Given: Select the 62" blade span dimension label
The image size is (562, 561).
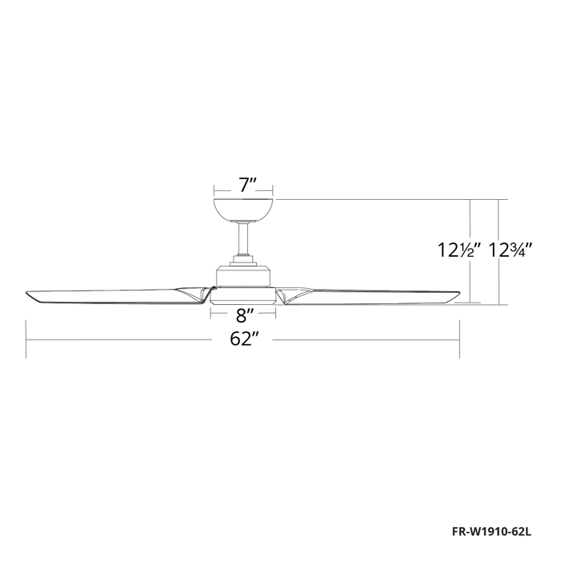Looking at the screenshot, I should point(243,339).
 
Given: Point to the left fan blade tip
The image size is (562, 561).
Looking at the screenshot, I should point(30,295).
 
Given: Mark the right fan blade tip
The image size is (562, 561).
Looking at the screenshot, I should point(458,296).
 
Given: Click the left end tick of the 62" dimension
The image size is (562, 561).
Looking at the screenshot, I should point(26,339).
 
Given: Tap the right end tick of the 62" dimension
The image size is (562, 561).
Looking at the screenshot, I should point(459,339).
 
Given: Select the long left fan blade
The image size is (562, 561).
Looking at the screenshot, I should point(112,295).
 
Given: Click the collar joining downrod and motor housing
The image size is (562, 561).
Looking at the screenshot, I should point(244,259).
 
